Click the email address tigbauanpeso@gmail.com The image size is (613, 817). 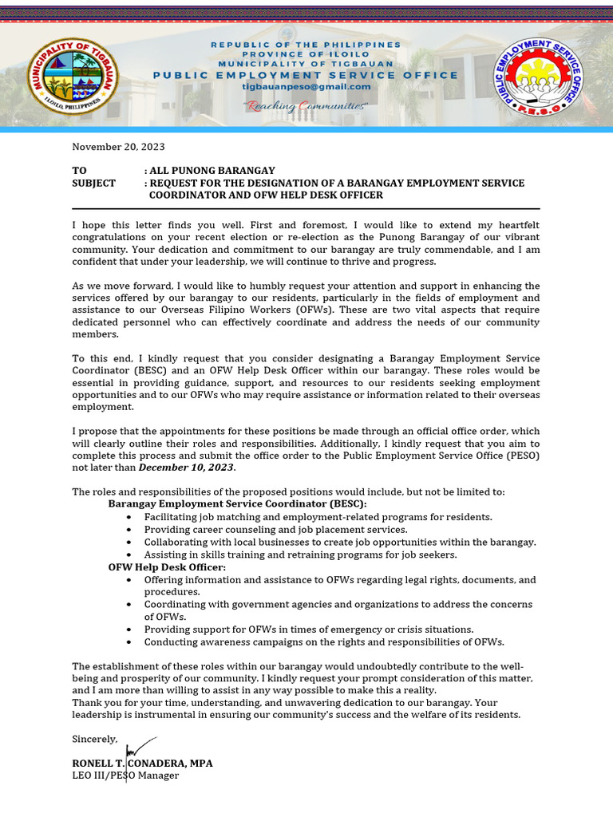[x=306, y=87]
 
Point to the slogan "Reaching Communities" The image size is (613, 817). [x=306, y=106]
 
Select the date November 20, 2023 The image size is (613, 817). [x=119, y=147]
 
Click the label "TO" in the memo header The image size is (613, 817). [x=79, y=171]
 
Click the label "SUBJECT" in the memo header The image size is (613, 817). [x=93, y=183]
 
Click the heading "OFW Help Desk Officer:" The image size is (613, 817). [x=167, y=566]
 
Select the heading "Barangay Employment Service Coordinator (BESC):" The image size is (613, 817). [x=237, y=504]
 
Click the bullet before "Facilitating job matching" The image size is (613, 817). [x=129, y=518]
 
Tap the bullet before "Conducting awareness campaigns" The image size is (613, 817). [x=129, y=642]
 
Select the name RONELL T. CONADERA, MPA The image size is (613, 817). [x=142, y=764]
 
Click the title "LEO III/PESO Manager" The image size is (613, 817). [x=125, y=776]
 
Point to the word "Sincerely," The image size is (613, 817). [x=95, y=739]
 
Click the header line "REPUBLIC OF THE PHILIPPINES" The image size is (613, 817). [x=306, y=45]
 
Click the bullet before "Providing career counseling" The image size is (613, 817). [x=129, y=530]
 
